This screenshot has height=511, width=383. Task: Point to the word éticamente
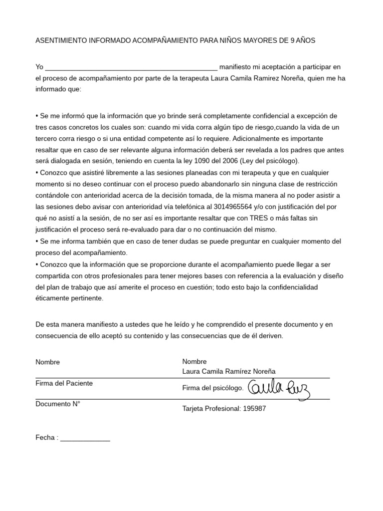53,298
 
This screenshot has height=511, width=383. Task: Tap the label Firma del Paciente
64,383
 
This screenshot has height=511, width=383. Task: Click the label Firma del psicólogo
213,388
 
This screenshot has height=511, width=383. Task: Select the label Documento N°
58,404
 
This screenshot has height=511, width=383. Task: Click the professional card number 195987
254,409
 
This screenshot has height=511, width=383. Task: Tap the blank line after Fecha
85,438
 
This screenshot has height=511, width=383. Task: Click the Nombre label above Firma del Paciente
47,362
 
